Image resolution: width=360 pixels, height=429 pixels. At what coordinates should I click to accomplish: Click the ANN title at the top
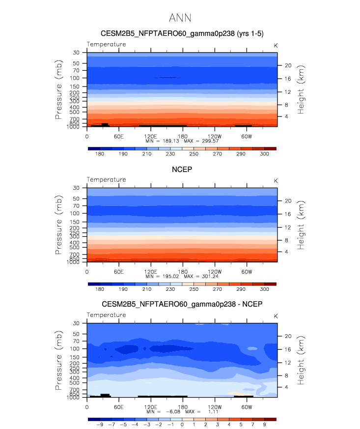coord(180,18)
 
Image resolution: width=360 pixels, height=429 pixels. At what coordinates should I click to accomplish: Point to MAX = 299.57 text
coord(201,141)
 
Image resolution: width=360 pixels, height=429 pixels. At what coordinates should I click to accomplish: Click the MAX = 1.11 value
coord(201,412)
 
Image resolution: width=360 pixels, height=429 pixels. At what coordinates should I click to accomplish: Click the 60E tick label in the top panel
coord(118,136)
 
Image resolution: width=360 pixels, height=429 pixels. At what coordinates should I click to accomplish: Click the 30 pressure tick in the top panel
coord(77,52)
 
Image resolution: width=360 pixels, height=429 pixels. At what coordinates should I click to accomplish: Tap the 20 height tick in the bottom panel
coord(289,336)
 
